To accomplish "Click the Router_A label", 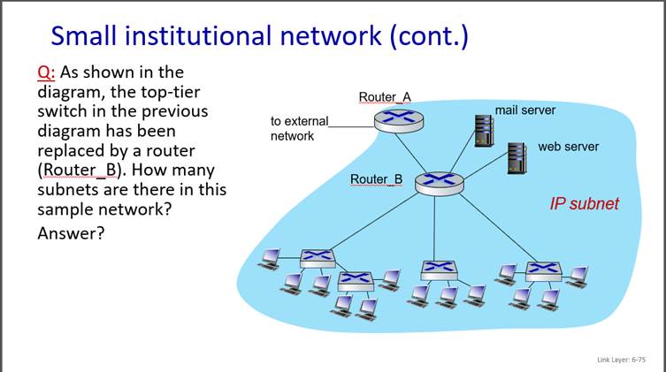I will (384, 97).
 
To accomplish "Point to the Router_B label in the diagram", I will (376, 179).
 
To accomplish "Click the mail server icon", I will (484, 130).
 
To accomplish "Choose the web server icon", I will (517, 158).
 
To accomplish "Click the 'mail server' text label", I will (524, 110).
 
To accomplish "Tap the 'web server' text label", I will (568, 147).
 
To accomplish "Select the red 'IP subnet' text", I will (584, 204).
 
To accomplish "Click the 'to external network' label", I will (299, 128).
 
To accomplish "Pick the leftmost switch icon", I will (317, 257).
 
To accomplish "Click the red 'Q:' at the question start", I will (46, 72).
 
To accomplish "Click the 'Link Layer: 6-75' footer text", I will (621, 360).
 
